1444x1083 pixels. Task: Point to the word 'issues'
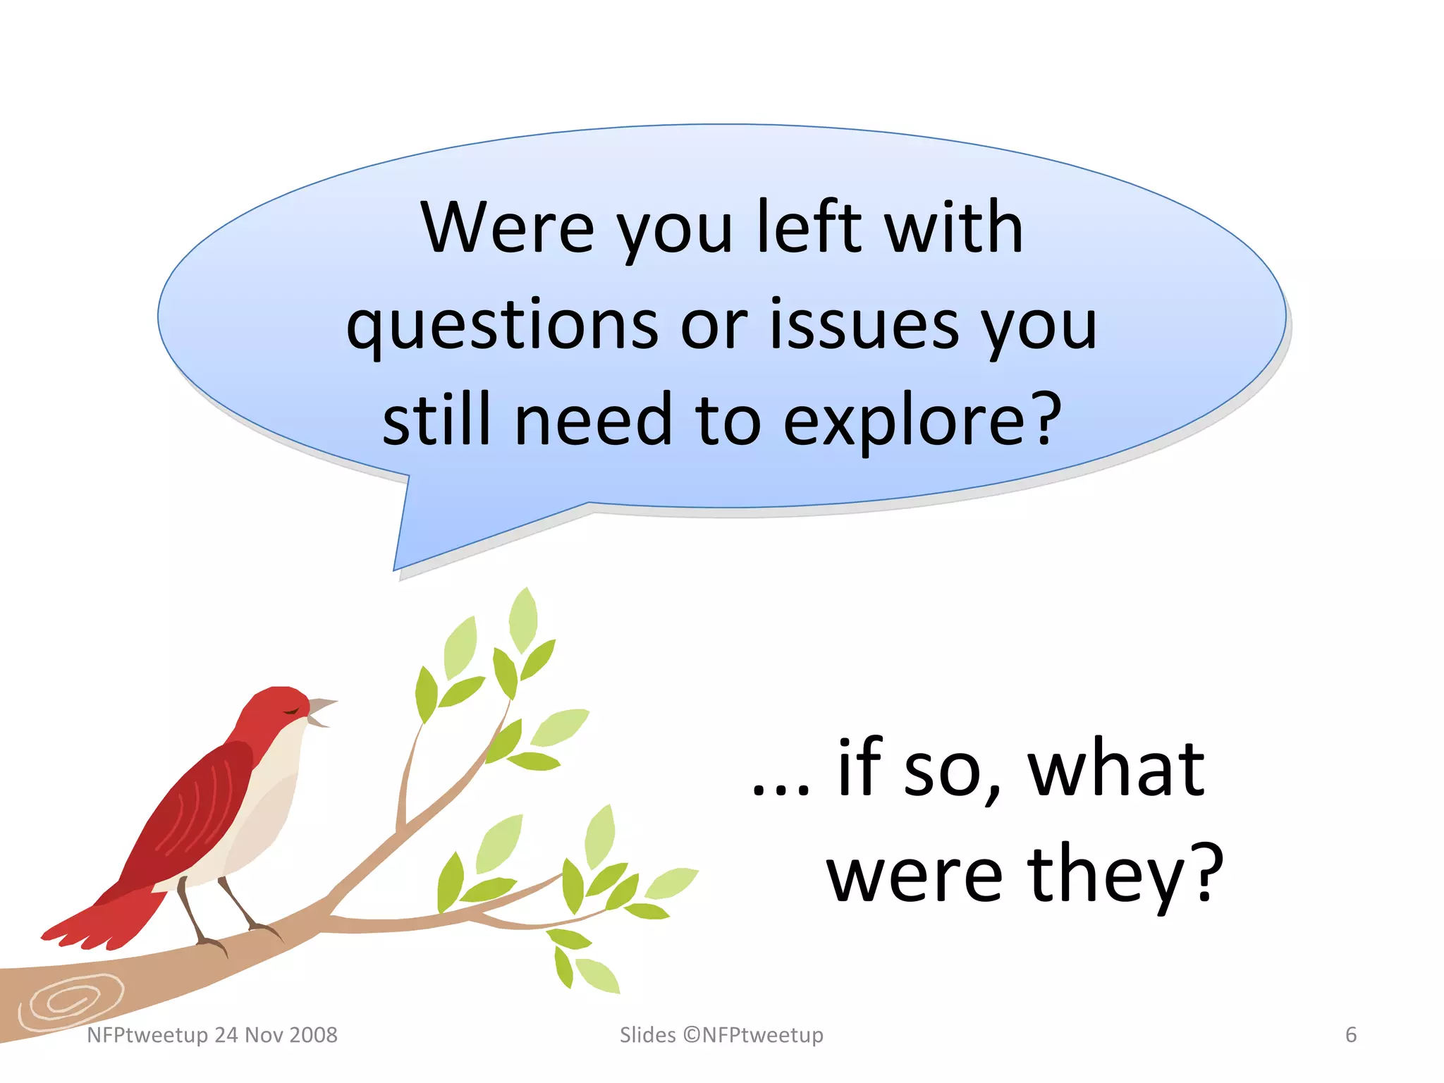(x=864, y=324)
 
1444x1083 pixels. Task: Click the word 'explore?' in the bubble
(x=922, y=421)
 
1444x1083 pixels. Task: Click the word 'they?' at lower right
(x=1125, y=874)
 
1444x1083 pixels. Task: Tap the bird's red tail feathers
(x=99, y=920)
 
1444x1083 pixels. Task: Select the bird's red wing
(x=197, y=811)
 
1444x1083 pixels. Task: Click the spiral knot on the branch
(x=67, y=1001)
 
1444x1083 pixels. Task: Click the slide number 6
(x=1350, y=1034)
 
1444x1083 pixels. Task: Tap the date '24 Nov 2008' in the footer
(x=276, y=1034)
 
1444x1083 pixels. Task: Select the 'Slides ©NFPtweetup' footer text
(x=721, y=1034)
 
